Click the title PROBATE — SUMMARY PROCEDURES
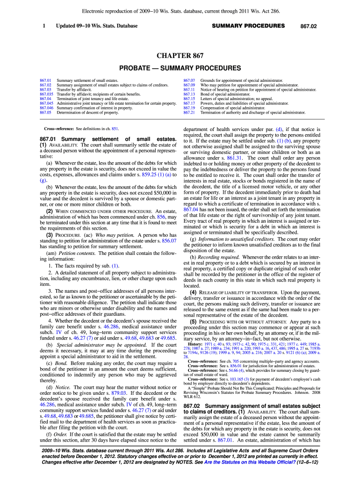click(x=180, y=68)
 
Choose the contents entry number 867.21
click(x=189, y=112)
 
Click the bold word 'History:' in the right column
click(x=197, y=344)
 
